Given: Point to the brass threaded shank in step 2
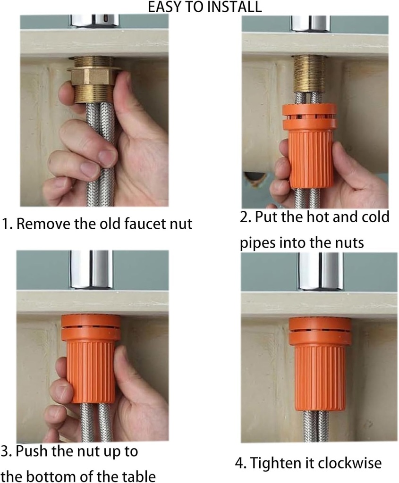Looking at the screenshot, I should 310,73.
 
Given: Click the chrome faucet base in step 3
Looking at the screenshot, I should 92,269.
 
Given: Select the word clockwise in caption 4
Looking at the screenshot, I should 345,463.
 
